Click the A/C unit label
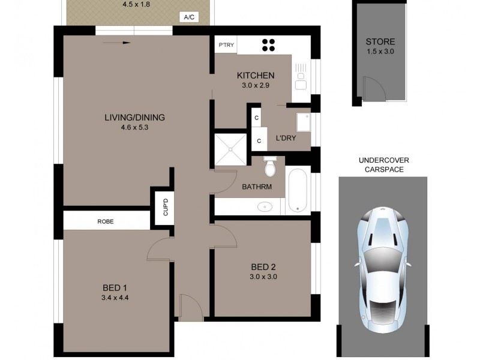click(188, 17)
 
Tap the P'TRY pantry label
click(226, 44)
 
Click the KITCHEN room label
click(256, 76)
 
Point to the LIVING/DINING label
click(134, 117)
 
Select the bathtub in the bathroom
click(297, 190)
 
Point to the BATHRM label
click(257, 187)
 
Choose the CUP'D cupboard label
click(165, 207)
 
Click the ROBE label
click(106, 221)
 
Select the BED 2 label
click(263, 267)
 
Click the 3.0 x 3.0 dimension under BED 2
click(263, 277)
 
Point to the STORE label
click(380, 42)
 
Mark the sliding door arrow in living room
click(118, 43)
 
